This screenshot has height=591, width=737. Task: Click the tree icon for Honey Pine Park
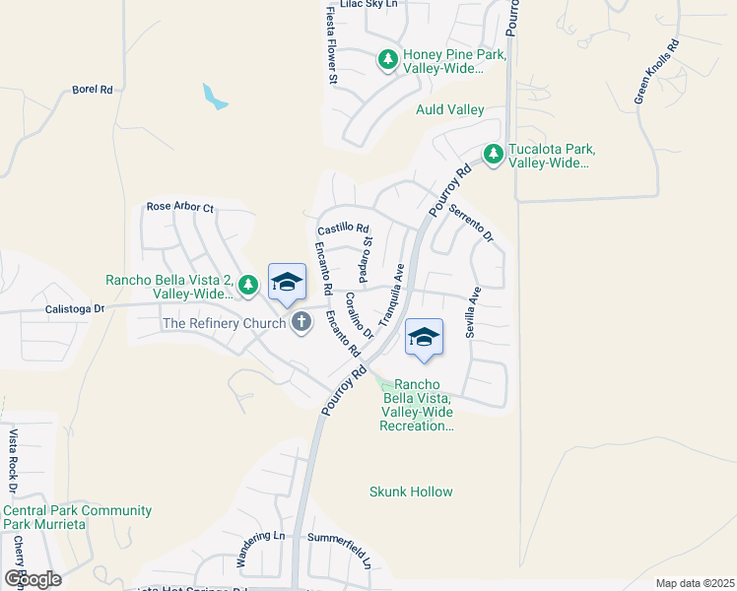[388, 61]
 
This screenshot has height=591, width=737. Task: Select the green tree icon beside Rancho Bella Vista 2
[249, 286]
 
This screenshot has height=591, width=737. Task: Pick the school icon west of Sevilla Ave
[424, 337]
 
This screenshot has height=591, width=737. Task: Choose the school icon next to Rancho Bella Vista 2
[287, 282]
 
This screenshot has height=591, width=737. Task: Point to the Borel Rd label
[93, 90]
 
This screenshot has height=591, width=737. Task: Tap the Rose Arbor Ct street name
[179, 208]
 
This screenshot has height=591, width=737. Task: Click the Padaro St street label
[366, 255]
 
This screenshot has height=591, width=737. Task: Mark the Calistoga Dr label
[75, 307]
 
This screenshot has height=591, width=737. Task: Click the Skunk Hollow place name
[411, 492]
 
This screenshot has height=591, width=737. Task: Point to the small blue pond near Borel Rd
[214, 97]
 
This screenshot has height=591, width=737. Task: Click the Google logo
[33, 578]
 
